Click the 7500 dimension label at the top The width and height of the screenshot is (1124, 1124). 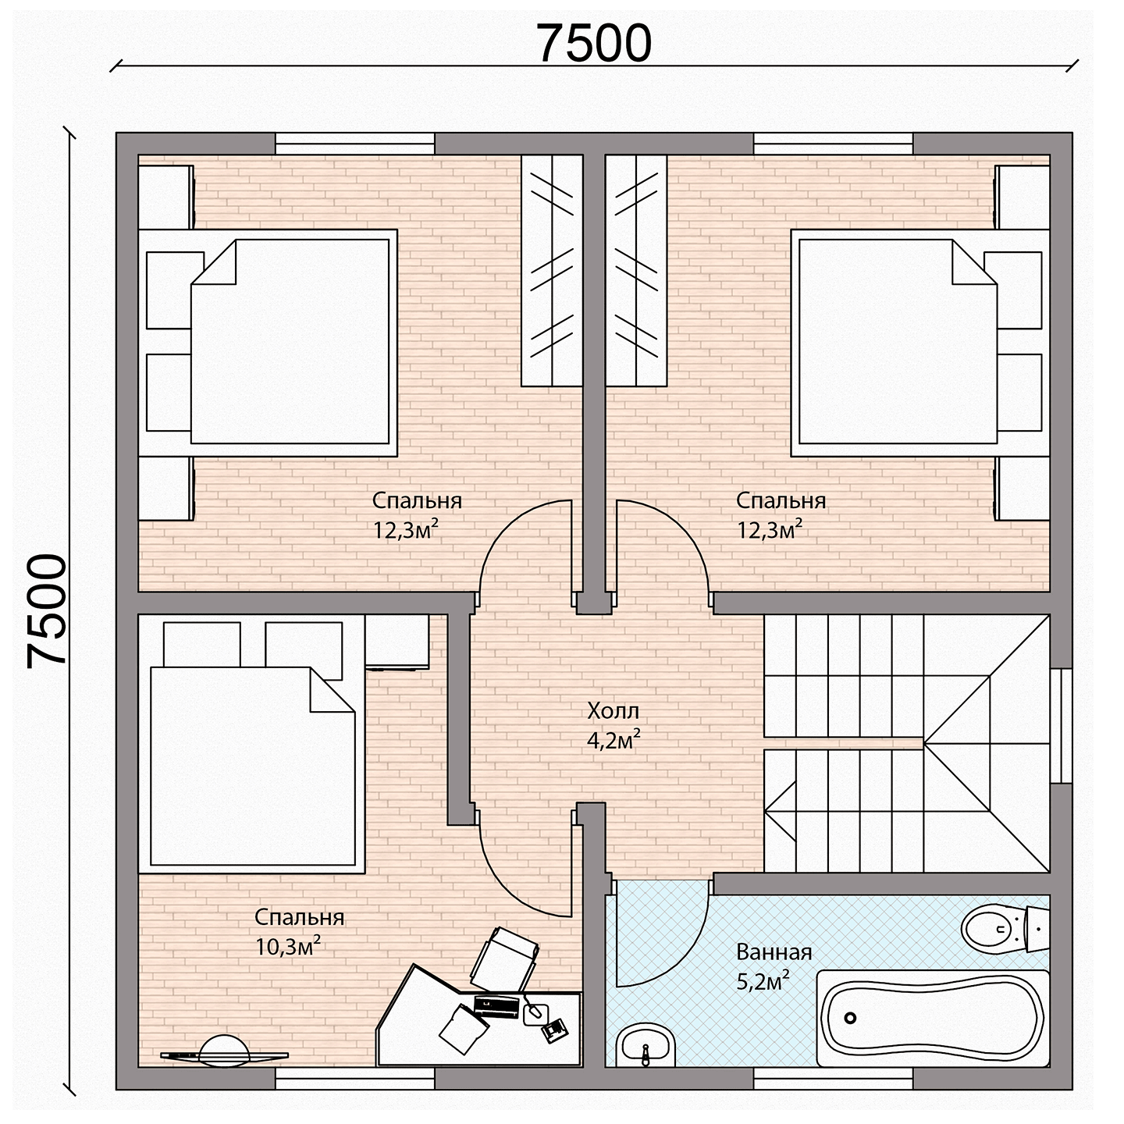[594, 44]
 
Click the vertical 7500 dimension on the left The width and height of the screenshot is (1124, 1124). [47, 610]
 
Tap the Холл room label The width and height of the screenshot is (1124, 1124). [613, 711]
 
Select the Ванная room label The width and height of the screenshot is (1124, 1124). [774, 952]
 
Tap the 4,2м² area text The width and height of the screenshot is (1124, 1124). [614, 740]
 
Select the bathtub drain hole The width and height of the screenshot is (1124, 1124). [851, 1018]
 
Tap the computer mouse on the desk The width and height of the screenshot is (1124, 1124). [535, 1014]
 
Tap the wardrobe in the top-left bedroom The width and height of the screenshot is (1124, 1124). [551, 270]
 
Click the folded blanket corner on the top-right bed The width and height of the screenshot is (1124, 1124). [974, 262]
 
